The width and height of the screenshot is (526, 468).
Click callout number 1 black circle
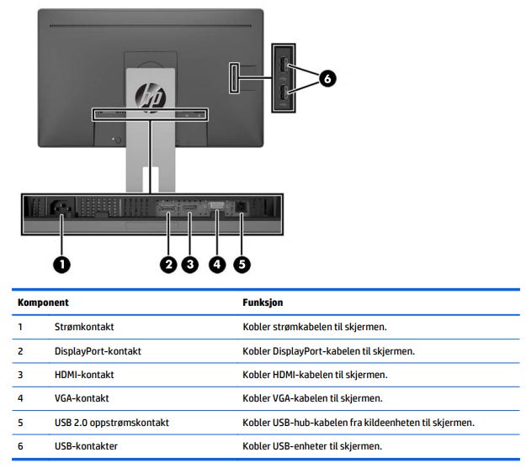(61, 264)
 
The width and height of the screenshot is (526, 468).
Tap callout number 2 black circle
(169, 264)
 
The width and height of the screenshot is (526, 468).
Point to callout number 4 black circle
(216, 264)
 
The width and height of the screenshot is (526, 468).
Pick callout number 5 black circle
(242, 264)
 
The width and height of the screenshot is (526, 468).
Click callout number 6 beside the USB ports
(327, 79)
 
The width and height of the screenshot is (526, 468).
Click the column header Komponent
(43, 301)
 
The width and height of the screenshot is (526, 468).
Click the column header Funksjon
(263, 301)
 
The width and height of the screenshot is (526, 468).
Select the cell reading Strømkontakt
(84, 326)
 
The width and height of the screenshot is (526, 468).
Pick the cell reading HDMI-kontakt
(84, 374)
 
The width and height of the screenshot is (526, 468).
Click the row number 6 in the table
(20, 445)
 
